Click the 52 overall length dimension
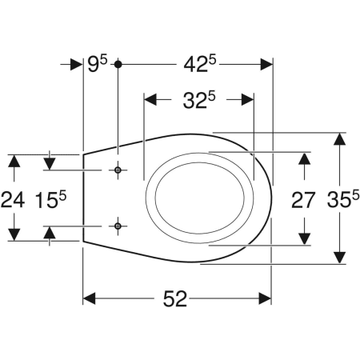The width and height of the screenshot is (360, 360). coord(175,298)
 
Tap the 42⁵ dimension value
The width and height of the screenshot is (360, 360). coord(199,64)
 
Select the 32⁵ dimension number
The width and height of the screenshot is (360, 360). coord(199,100)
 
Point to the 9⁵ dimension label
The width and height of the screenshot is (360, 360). coord(98,64)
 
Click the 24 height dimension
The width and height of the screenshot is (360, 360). coord(13,200)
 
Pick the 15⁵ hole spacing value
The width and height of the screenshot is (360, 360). coord(50,200)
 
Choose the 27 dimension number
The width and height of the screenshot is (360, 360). coord(303,200)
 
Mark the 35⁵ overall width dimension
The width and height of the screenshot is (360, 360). coord(343,199)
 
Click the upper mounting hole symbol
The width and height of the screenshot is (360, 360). coord(118,170)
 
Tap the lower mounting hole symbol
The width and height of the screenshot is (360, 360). coord(118,226)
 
